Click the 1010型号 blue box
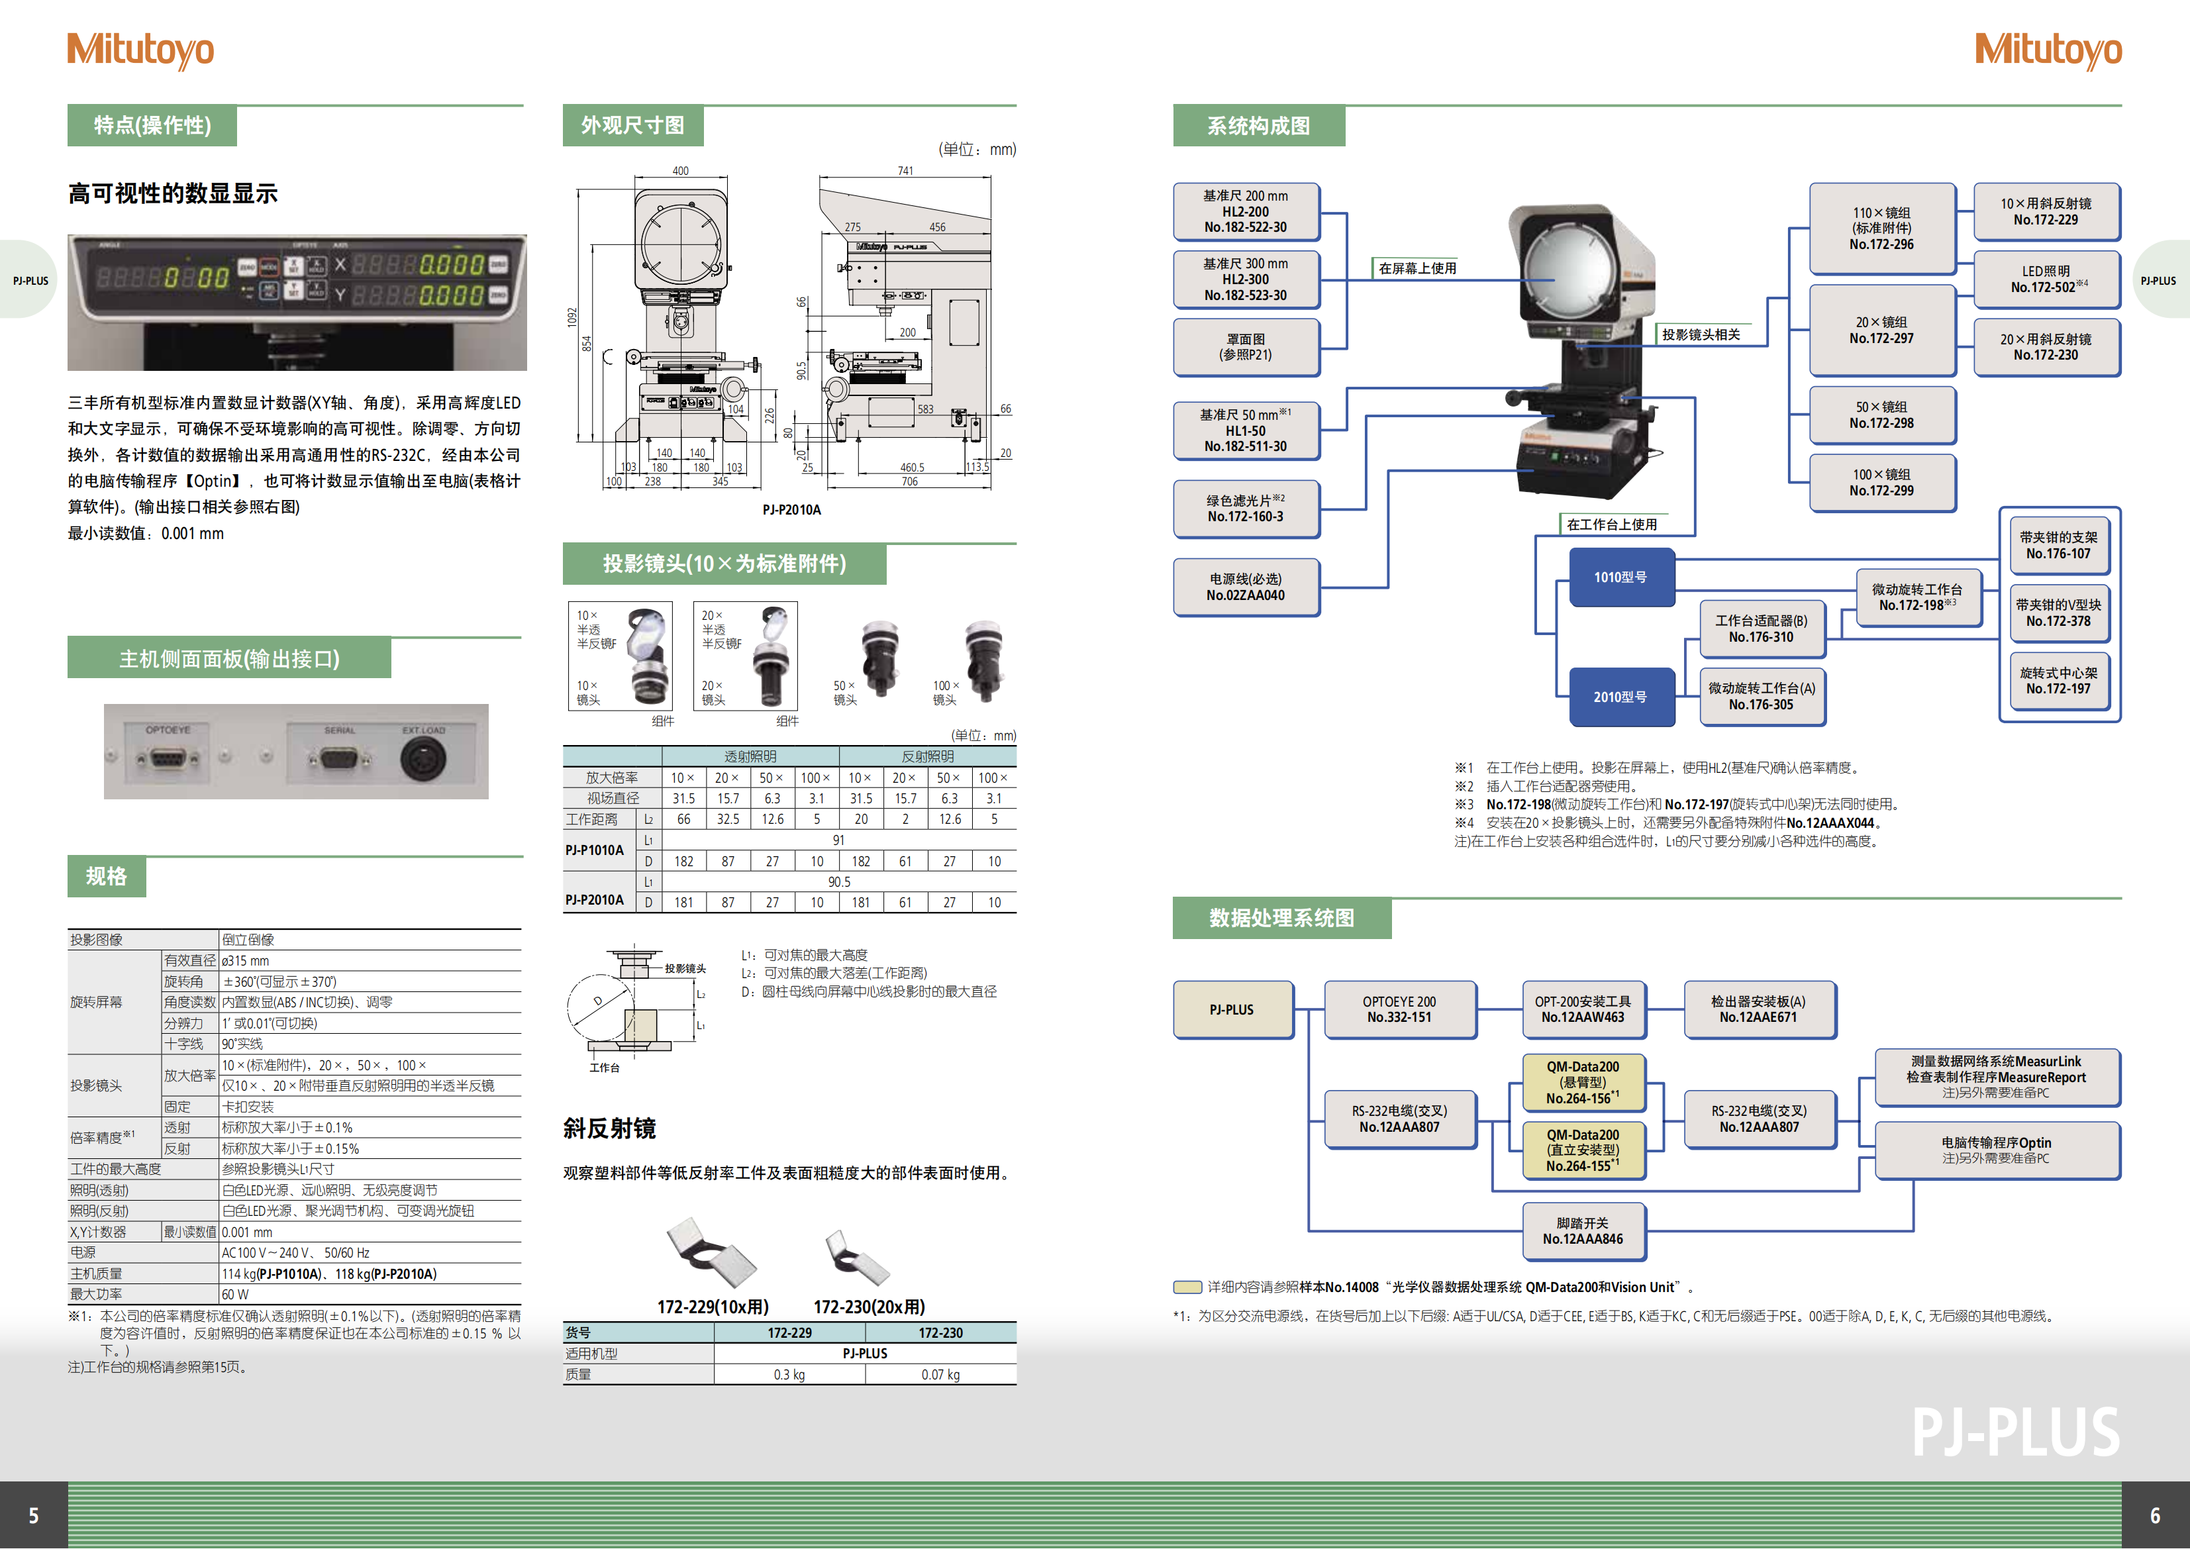(x=1620, y=577)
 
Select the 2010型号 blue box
(x=1620, y=696)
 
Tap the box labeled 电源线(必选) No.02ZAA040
(x=1246, y=587)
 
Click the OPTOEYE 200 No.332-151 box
(x=1399, y=1009)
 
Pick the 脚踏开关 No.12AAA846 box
(x=1583, y=1230)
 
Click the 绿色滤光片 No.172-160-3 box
(x=1246, y=509)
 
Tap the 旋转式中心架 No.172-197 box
(x=2058, y=680)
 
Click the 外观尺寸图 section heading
(x=632, y=125)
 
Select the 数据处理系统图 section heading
(x=1281, y=918)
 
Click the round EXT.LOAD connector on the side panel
(x=423, y=759)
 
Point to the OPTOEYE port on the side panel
(x=168, y=759)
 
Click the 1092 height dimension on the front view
(x=572, y=316)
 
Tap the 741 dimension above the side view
(x=905, y=171)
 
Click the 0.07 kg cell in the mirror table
(x=940, y=1374)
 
